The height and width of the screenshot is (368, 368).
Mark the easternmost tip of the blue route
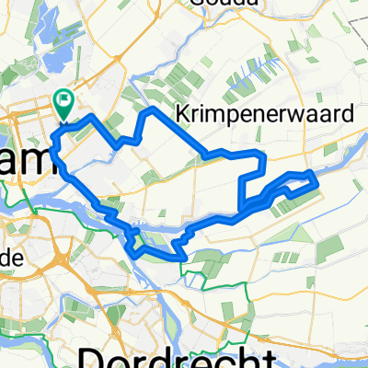pos(316,182)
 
